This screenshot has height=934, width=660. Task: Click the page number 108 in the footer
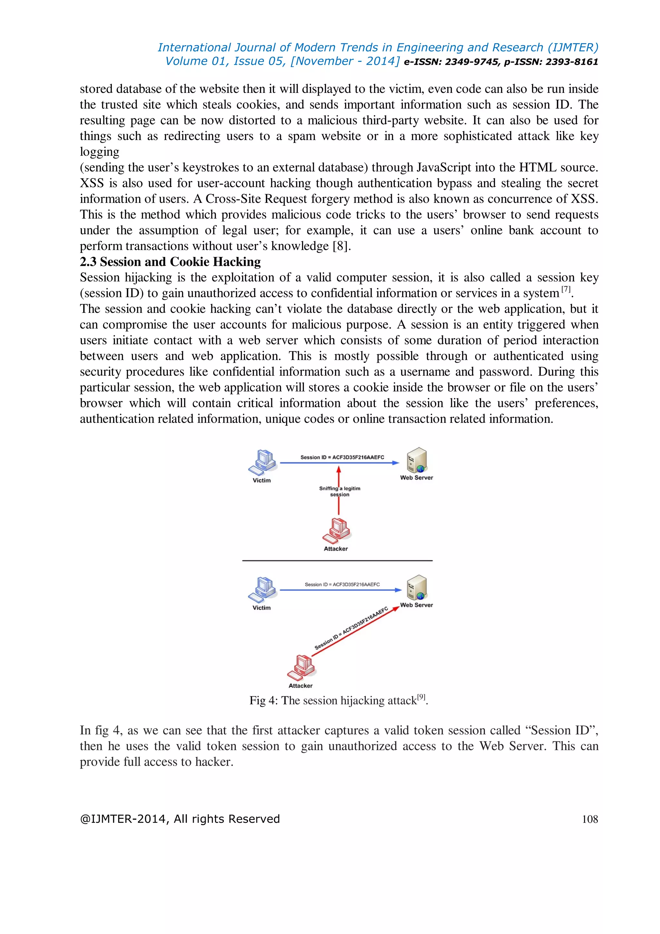pyautogui.click(x=590, y=819)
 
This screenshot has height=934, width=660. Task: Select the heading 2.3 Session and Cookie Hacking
pyautogui.click(x=170, y=262)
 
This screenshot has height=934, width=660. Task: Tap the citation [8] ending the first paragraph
pyautogui.click(x=341, y=246)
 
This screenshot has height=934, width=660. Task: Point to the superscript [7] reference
pyautogui.click(x=566, y=289)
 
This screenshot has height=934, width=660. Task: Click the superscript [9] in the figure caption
pyautogui.click(x=422, y=697)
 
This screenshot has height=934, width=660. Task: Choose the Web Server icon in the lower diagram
pyautogui.click(x=417, y=587)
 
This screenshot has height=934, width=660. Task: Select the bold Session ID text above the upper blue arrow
pyautogui.click(x=342, y=457)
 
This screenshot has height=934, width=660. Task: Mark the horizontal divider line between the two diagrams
pyautogui.click(x=337, y=561)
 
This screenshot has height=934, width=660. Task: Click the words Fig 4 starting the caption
pyautogui.click(x=263, y=700)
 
